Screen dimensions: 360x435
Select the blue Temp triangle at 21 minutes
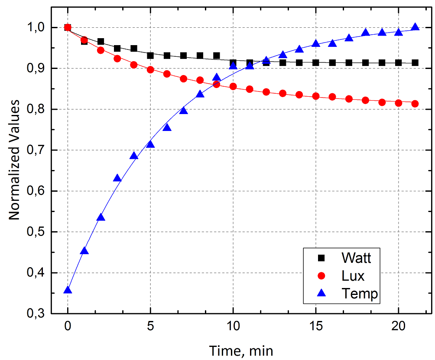tap(415, 27)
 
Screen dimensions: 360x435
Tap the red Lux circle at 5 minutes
tap(150, 69)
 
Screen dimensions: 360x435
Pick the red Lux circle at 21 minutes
tap(415, 104)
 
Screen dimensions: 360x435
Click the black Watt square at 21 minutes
tap(415, 63)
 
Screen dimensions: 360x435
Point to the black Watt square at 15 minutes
tap(316, 63)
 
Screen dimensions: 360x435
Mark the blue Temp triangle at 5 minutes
tap(150, 144)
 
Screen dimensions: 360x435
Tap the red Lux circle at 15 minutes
tap(316, 96)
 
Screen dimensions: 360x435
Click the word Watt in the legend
tap(356, 258)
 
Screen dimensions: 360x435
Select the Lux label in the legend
tap(353, 276)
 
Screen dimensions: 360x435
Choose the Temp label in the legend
tap(360, 294)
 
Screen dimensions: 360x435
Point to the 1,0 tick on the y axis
tap(36, 28)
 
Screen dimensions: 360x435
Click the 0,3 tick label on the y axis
tap(36, 314)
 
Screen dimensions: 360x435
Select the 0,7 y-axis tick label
tap(36, 151)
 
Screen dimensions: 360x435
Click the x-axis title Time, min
tap(241, 350)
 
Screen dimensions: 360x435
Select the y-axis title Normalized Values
tap(15, 160)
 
